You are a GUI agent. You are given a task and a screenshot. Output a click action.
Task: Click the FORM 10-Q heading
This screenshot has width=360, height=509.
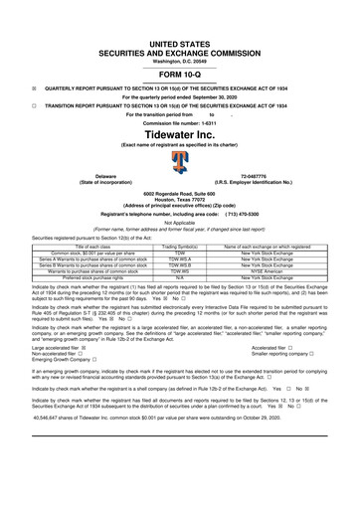coord(179,74)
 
